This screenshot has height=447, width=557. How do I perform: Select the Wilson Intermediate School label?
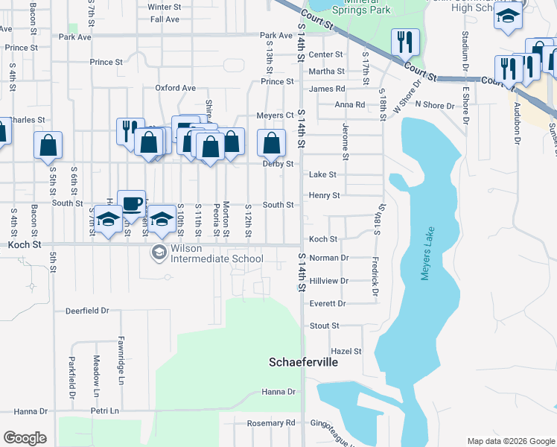pos(217,253)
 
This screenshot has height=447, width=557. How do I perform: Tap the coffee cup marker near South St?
pos(131,203)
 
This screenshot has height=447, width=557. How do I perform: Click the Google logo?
pos(25,438)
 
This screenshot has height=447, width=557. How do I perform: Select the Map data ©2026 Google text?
pos(510,441)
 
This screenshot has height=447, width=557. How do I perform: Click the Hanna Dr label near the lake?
pos(278,392)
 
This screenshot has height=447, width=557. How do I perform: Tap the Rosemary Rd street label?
pos(271,422)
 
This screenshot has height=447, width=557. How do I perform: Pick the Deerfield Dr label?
pos(87,310)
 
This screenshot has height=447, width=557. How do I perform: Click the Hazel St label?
pos(346,351)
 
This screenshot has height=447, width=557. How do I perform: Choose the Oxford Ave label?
pos(175,88)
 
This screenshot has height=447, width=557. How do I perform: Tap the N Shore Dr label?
pos(434,106)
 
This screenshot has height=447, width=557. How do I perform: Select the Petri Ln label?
pos(104,410)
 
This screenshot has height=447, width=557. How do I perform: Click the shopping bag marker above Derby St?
pos(272,142)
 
